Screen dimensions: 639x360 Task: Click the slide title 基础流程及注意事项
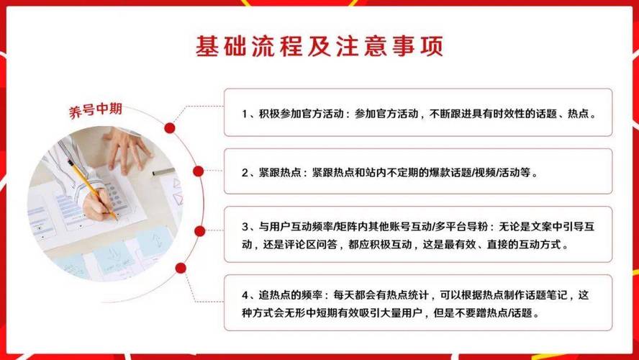click(319, 45)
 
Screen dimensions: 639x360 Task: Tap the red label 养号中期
click(96, 110)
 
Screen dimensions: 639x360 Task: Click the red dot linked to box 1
click(170, 128)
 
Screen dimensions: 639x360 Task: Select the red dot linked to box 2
click(198, 171)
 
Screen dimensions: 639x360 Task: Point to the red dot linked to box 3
click(200, 231)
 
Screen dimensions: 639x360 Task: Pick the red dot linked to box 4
click(181, 268)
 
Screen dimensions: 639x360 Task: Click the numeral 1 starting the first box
click(245, 114)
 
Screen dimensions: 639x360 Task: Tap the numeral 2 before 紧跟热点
click(245, 173)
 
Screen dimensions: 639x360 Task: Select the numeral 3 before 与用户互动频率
click(245, 227)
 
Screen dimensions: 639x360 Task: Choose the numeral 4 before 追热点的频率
click(245, 295)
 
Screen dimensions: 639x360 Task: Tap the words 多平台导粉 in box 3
click(459, 227)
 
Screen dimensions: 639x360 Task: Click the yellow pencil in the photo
click(92, 189)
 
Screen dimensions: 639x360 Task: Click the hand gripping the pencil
click(98, 204)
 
